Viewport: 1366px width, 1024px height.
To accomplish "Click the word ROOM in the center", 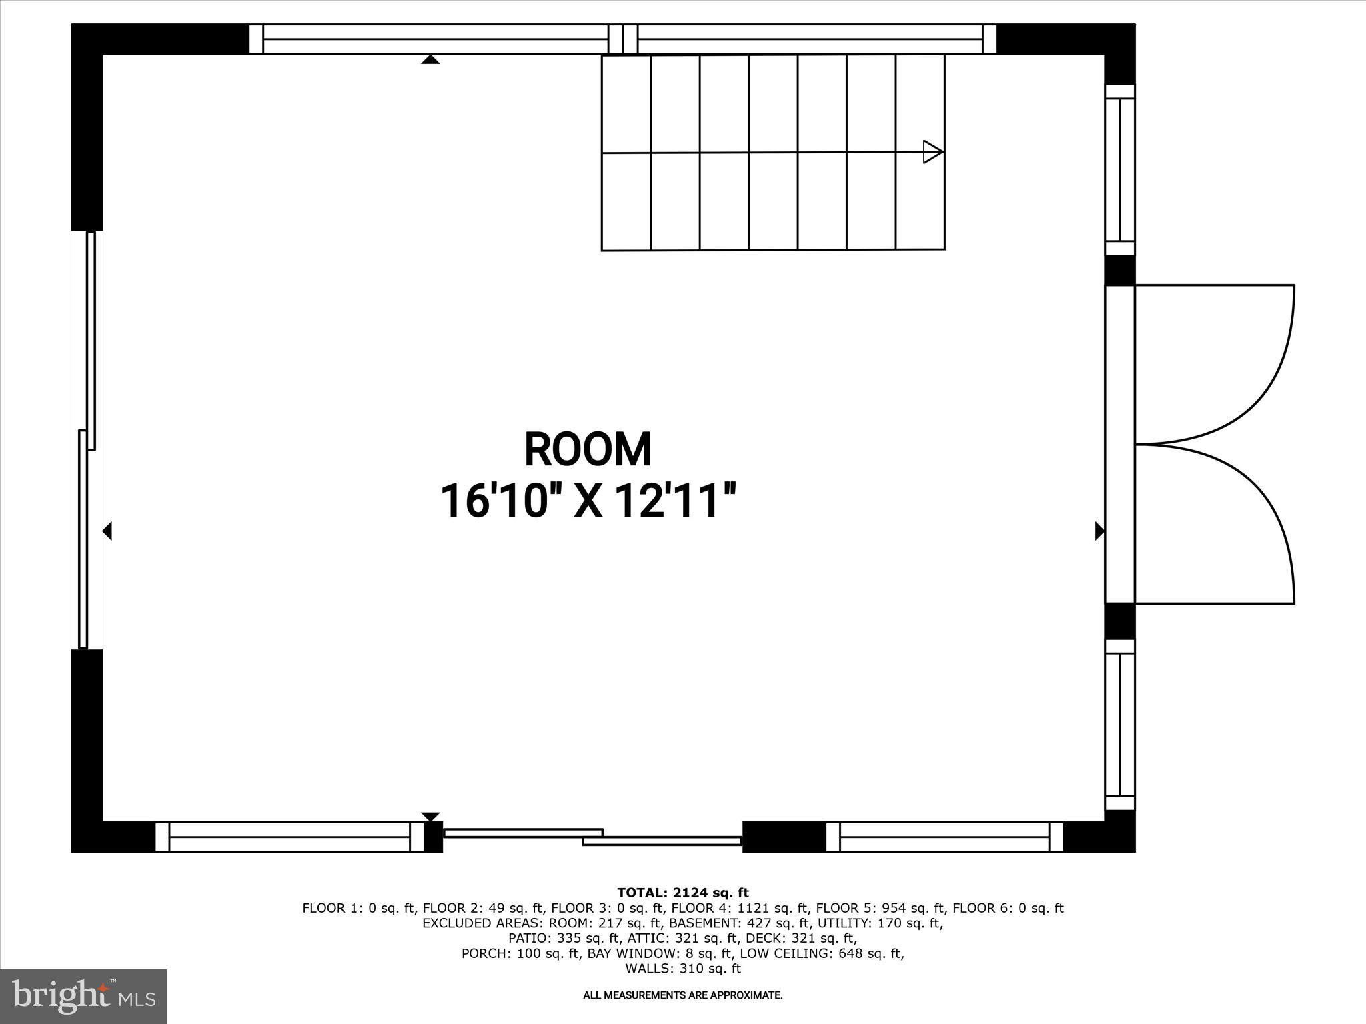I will pyautogui.click(x=588, y=450).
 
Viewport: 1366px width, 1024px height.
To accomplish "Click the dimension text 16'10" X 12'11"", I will pyautogui.click(x=588, y=501).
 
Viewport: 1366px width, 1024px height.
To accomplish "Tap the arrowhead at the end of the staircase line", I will pyautogui.click(x=932, y=152).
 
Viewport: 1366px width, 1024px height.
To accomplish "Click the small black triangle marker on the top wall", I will pyautogui.click(x=430, y=60).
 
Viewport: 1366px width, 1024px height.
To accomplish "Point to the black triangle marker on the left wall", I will pyautogui.click(x=107, y=531).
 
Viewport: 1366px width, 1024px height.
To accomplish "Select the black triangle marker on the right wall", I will pyautogui.click(x=1099, y=531).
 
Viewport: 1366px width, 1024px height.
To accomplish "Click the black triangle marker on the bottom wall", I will pyautogui.click(x=430, y=817).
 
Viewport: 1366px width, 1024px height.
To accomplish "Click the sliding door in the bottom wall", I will pyautogui.click(x=592, y=837).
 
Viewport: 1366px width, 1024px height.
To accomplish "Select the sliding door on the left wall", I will pyautogui.click(x=87, y=440).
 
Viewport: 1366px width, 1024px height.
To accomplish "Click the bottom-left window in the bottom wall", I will pyautogui.click(x=289, y=837).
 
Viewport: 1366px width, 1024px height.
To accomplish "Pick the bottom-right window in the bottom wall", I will pyautogui.click(x=944, y=837).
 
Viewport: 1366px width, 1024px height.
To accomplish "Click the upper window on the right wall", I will pyautogui.click(x=1120, y=169).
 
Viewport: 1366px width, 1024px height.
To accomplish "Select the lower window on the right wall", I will pyautogui.click(x=1120, y=725).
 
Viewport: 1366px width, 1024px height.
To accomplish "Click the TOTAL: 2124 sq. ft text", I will pyautogui.click(x=682, y=893).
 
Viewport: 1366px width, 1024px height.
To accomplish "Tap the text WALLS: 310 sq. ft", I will pyautogui.click(x=682, y=969).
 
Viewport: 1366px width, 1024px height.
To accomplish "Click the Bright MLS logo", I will pyautogui.click(x=83, y=996).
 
